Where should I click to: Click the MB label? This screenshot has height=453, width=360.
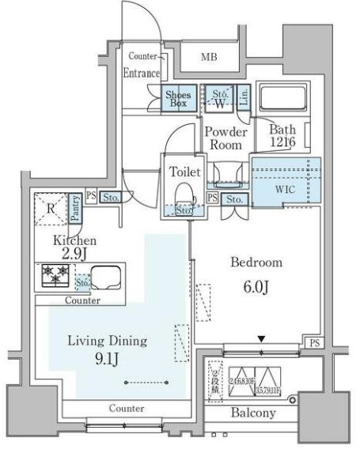[x=208, y=57]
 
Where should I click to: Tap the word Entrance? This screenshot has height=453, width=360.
[x=142, y=73]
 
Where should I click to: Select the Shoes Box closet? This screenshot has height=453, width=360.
[x=176, y=99]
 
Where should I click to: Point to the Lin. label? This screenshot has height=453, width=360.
[x=244, y=98]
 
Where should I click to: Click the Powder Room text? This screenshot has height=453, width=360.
[x=226, y=138]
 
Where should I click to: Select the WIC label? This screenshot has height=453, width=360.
[x=285, y=190]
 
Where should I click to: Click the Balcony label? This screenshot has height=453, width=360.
[x=253, y=413]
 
